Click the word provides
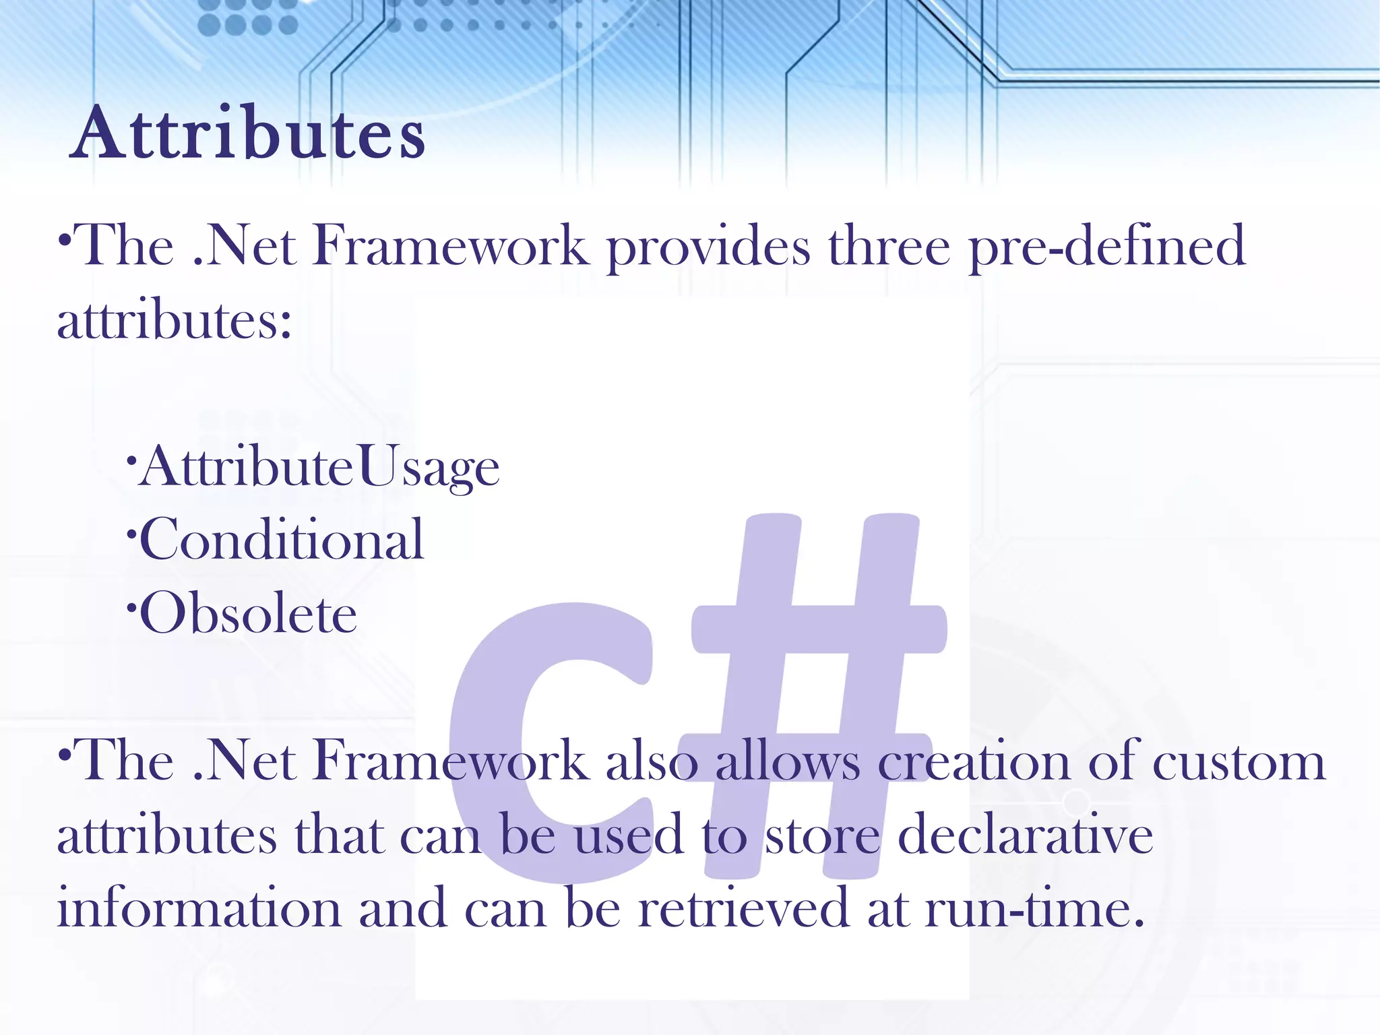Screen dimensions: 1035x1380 tap(708, 247)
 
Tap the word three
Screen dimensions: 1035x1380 tap(889, 247)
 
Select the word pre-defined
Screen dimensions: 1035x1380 tap(1106, 247)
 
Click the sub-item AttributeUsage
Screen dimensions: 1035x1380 tap(320, 467)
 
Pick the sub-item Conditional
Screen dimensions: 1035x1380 tap(282, 539)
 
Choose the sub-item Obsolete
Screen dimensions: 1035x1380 tap(248, 613)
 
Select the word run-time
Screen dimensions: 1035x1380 tap(1034, 908)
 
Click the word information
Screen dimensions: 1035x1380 tap(199, 908)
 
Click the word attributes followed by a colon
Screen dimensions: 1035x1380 tap(174, 319)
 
